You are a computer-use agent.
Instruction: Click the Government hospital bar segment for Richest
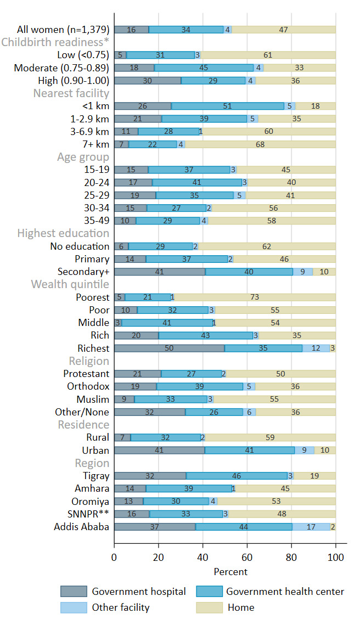[169, 348]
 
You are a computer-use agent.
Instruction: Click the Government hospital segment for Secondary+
[159, 272]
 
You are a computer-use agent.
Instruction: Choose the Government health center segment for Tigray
[237, 476]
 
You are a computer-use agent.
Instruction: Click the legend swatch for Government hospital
[74, 591]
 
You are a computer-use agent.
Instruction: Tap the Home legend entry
[241, 607]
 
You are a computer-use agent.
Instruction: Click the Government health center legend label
[285, 591]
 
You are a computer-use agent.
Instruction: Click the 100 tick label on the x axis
[335, 556]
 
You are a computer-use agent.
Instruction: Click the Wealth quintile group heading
[70, 284]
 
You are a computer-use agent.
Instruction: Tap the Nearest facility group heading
[71, 93]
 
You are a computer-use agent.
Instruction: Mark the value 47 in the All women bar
[283, 30]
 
